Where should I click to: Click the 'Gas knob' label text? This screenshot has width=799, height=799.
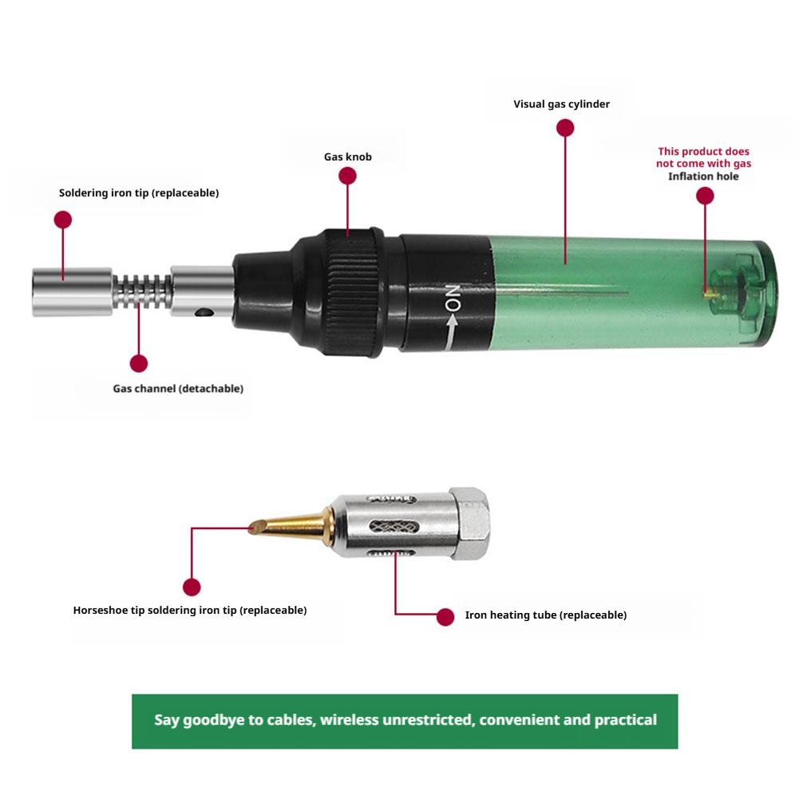pos(347,157)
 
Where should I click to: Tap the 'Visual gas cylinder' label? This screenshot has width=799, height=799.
pos(561,104)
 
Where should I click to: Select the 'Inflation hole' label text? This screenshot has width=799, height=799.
pos(703,176)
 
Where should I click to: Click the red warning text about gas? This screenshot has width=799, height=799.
pos(703,157)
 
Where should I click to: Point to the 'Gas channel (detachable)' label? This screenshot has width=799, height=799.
pos(178,389)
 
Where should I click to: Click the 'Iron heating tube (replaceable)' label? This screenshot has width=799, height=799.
pos(546,615)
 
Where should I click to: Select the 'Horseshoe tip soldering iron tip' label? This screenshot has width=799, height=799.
pos(190,611)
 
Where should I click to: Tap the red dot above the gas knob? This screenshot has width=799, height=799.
pos(347,177)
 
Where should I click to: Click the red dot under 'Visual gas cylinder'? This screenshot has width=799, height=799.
pos(565,128)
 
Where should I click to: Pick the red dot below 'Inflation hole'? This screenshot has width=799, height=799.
pos(704,196)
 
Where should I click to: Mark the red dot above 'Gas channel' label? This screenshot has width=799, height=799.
pos(139,364)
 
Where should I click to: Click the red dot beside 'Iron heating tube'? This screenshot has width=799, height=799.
pos(445,616)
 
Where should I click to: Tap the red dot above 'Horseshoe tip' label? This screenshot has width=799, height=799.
pos(192,587)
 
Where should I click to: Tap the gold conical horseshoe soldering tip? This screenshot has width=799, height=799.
pos(291,525)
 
